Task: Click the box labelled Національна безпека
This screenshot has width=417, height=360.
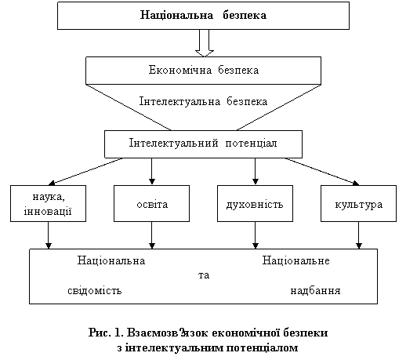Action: pos(203,16)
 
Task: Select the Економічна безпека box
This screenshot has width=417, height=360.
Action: pos(203,71)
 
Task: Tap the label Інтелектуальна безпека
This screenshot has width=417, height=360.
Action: pos(203,101)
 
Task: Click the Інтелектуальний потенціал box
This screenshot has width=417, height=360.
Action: pos(203,144)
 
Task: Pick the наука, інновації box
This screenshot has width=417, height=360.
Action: pos(48,204)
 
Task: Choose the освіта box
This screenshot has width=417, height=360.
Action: pos(151,204)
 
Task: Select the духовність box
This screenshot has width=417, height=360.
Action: pos(255,204)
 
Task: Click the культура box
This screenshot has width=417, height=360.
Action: pos(358,204)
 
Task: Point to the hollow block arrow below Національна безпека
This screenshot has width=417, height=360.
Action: pos(205,43)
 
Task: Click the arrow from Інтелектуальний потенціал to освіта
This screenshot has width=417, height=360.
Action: pos(152,171)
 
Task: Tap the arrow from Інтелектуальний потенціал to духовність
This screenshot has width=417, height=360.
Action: pos(256,171)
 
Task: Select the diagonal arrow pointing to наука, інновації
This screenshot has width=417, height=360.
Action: pos(85,171)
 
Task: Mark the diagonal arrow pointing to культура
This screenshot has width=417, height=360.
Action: pos(322,171)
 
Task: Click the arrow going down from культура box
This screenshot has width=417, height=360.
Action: pos(359,235)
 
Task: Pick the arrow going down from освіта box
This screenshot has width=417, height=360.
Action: pos(152,235)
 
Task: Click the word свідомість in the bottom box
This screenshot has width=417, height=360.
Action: pos(95,290)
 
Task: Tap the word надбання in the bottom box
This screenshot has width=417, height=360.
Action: pos(315,290)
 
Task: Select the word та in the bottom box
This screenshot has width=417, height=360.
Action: pos(204,275)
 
